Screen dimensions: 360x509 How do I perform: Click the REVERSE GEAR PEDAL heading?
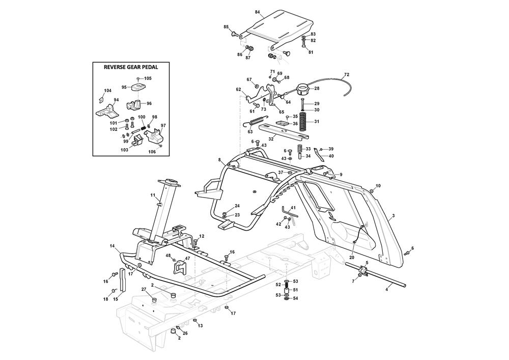[x=131, y=67]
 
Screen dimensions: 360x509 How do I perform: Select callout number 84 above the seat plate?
[x=257, y=12]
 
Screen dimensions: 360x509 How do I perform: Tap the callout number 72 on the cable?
[x=347, y=75]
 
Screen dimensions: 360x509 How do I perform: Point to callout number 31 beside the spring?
[x=316, y=122]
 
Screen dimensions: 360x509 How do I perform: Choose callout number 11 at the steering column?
[x=152, y=195]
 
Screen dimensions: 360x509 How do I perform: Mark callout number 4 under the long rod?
[x=387, y=289]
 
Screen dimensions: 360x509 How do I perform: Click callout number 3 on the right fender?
[x=393, y=216]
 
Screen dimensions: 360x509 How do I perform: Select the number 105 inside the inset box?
[x=148, y=78]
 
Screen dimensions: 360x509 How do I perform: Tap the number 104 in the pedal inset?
[x=107, y=91]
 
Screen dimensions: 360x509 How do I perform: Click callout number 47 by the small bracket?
[x=187, y=259]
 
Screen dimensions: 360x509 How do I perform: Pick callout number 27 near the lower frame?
[x=144, y=290]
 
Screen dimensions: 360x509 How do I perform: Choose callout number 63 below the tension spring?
[x=250, y=132]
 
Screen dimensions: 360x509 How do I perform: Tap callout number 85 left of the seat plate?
[x=226, y=26]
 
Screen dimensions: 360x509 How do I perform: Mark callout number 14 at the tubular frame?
[x=112, y=246]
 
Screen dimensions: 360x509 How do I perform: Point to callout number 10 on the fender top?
[x=378, y=185]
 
